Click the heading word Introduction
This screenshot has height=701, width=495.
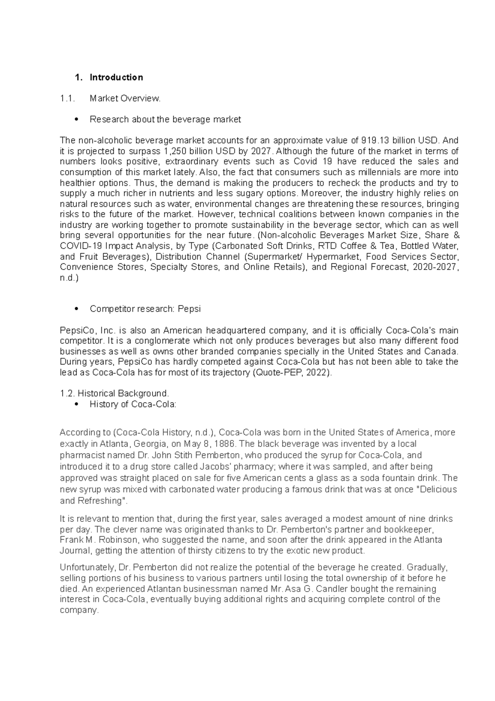click(x=116, y=77)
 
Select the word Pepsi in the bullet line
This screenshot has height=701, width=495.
click(x=189, y=309)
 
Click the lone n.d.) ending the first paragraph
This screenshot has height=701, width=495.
click(x=68, y=278)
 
